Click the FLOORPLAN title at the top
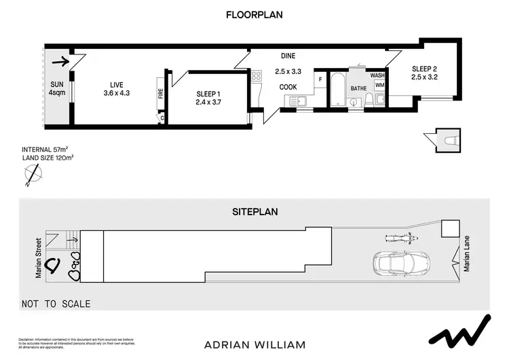click(254, 14)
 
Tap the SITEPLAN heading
click(254, 211)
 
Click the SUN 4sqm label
click(56, 88)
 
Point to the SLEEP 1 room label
click(208, 98)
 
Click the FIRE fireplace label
click(161, 94)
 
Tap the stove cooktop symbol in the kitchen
click(256, 75)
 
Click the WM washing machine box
click(379, 86)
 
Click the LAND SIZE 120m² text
click(48, 158)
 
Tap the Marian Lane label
click(467, 258)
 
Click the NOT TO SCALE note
click(56, 304)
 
